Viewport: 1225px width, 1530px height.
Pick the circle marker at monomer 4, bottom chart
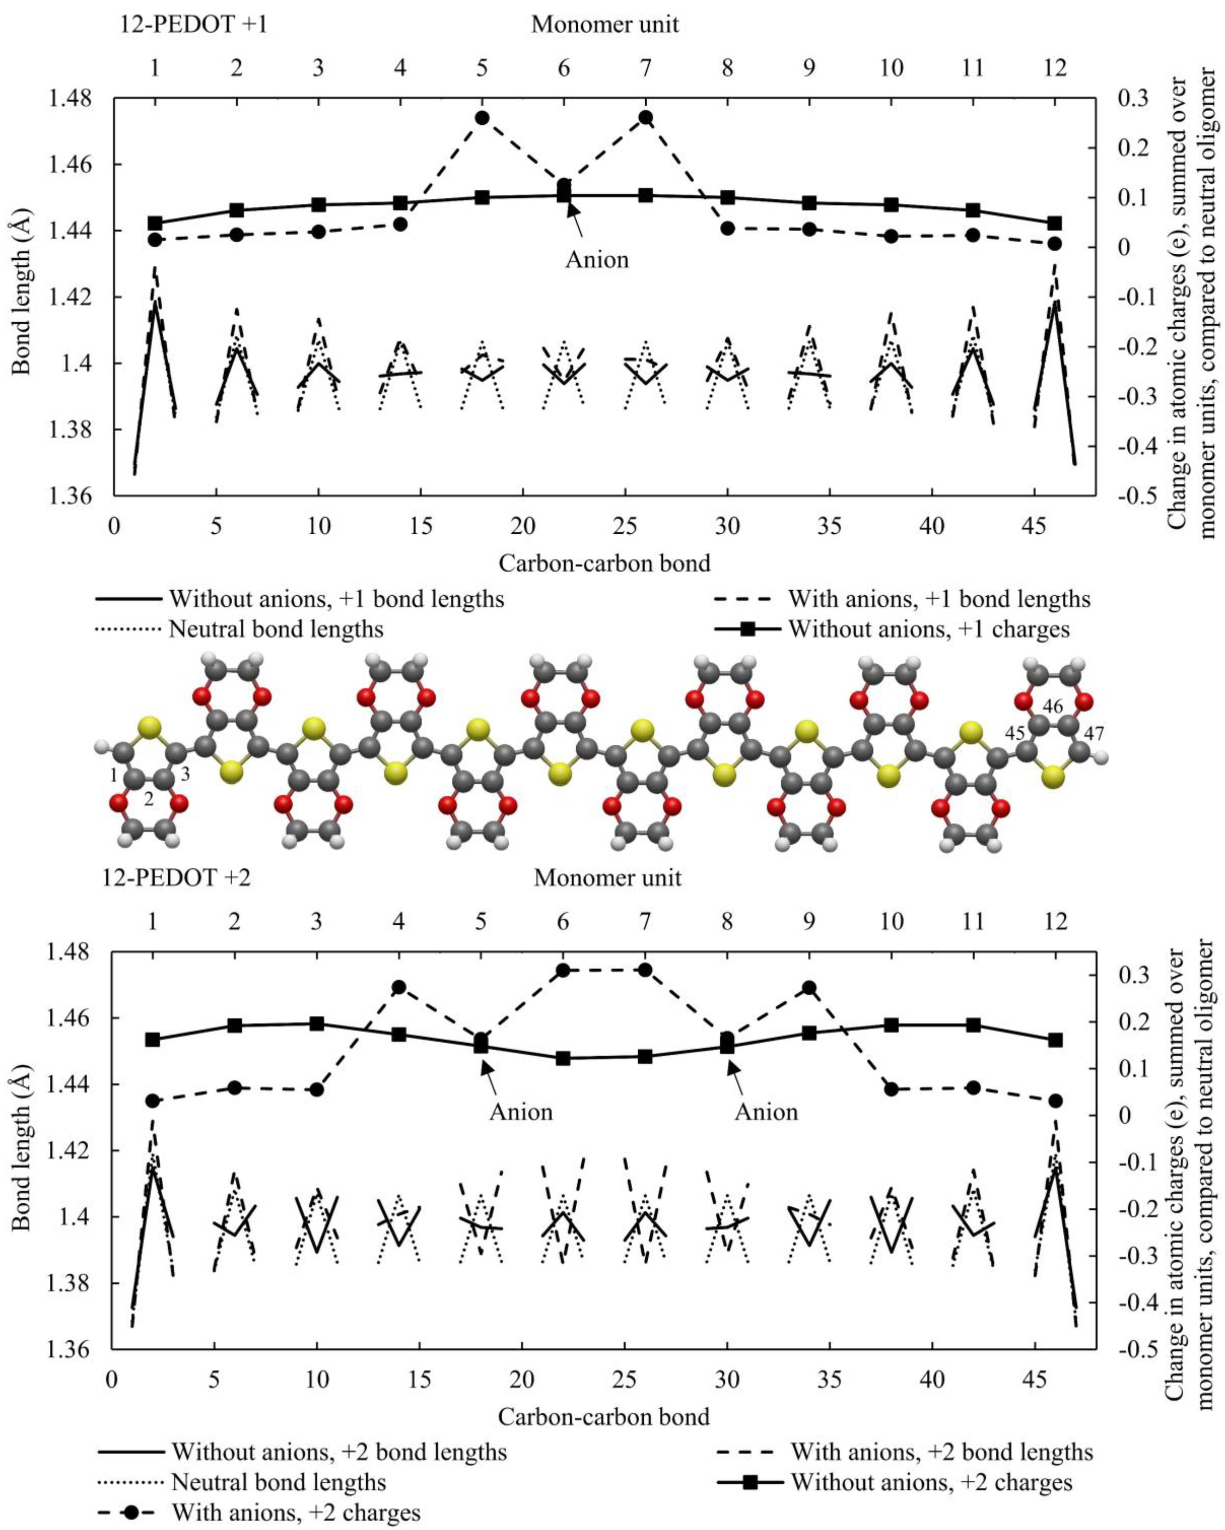click(399, 987)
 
